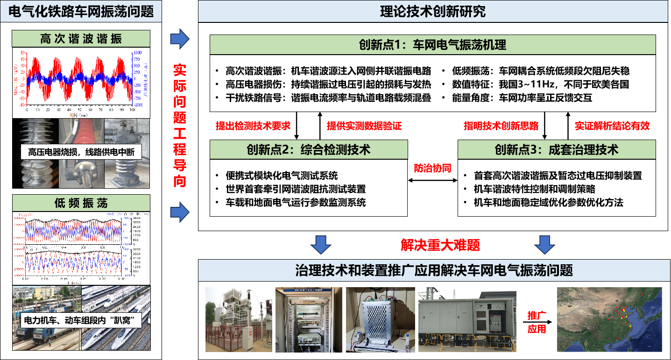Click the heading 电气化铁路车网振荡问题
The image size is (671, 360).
(x=81, y=11)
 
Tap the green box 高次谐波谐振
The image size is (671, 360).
(x=81, y=38)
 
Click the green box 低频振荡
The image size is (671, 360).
(x=81, y=203)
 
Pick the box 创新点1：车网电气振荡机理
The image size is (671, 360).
(x=432, y=45)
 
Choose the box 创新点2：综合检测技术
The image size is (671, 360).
(x=309, y=149)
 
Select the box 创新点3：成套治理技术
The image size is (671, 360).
(x=557, y=149)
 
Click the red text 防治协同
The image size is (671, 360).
(x=432, y=169)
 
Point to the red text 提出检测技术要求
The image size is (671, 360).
(x=253, y=126)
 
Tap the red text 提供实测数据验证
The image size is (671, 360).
(x=364, y=126)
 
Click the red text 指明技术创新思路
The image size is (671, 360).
(x=501, y=126)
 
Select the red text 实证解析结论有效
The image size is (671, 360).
(x=612, y=126)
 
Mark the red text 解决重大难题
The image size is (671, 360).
(x=440, y=245)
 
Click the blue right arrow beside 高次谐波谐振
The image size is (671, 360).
(x=179, y=39)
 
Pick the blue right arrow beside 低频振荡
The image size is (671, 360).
(x=179, y=212)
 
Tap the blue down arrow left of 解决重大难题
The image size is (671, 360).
(x=321, y=244)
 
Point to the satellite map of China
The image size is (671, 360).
(x=609, y=319)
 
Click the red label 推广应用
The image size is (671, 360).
(x=537, y=322)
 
